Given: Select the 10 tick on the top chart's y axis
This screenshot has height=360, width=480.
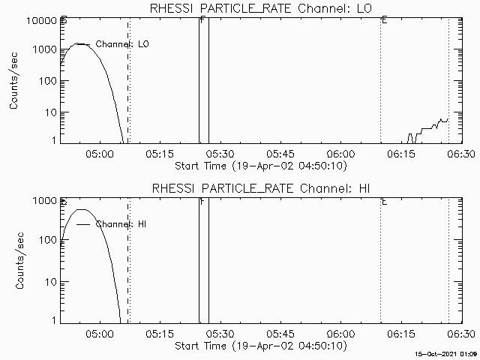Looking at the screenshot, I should pyautogui.click(x=52, y=112).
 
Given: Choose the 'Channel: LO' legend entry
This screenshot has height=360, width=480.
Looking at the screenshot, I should pyautogui.click(x=122, y=45).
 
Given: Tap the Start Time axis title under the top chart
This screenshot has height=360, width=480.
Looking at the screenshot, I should pyautogui.click(x=259, y=165).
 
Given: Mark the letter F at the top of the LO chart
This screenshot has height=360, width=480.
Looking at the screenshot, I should pyautogui.click(x=203, y=19).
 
